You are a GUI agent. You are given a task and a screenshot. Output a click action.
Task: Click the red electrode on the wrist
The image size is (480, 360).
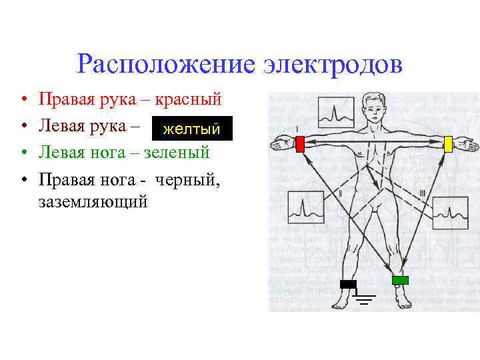click(299, 143)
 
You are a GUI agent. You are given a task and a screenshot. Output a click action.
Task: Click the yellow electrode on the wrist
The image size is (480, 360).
click(448, 143)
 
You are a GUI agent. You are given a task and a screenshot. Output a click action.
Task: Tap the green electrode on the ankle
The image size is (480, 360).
click(400, 280)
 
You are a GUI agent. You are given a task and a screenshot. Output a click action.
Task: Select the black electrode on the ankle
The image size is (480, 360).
click(348, 284)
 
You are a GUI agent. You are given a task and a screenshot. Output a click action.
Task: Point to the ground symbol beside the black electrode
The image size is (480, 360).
click(365, 297)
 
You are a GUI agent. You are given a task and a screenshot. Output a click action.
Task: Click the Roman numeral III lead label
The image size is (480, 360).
click(422, 193)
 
